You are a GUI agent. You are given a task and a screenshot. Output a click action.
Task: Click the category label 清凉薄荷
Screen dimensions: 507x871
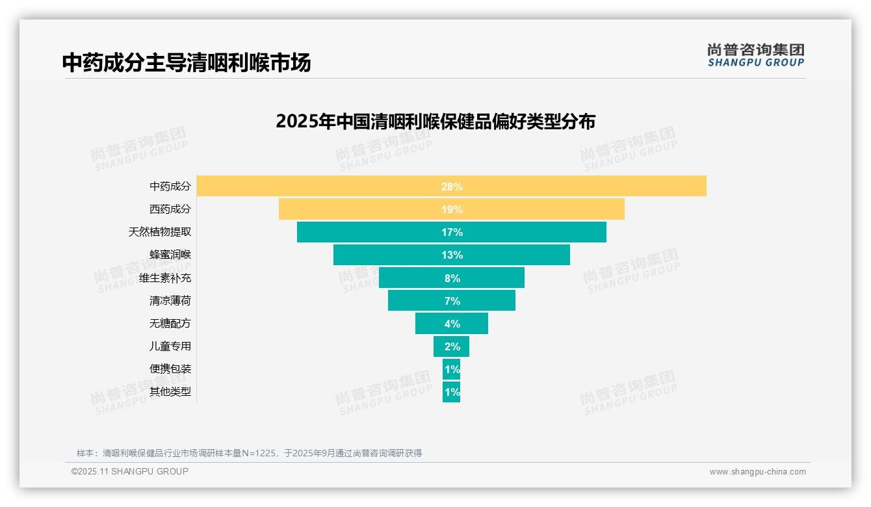170,301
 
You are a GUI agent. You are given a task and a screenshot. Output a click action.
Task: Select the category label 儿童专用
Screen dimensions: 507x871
170,346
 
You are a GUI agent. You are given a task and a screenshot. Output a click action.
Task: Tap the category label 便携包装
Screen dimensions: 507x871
170,369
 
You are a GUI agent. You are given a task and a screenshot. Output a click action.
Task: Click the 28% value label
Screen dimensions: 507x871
452,187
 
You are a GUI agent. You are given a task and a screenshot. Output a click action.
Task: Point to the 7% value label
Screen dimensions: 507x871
452,301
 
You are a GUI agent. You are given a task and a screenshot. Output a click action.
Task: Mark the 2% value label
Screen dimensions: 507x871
452,346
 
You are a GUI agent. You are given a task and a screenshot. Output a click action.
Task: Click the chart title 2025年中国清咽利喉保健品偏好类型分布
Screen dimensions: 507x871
435,122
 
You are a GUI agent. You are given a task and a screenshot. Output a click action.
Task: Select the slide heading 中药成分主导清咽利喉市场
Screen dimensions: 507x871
187,62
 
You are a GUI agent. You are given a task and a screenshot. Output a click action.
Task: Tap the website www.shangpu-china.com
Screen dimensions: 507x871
757,472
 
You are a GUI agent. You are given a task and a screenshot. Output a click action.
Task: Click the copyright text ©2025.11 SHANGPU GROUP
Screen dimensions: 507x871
130,471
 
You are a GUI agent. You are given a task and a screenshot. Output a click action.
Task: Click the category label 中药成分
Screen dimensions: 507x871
170,187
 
